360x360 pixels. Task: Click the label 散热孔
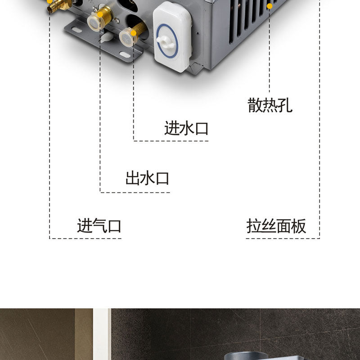(x=270, y=105)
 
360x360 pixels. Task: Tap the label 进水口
(x=186, y=129)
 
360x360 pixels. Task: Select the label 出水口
(x=147, y=178)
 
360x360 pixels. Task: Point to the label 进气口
(x=99, y=225)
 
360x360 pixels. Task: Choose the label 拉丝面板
(x=276, y=225)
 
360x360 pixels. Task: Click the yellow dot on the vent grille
(x=270, y=6)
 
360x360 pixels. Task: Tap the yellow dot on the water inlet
(x=133, y=33)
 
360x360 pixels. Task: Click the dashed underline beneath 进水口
(x=171, y=141)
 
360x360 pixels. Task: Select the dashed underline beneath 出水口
(x=135, y=193)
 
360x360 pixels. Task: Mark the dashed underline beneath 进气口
(x=85, y=238)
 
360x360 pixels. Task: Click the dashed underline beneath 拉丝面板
(x=283, y=238)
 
